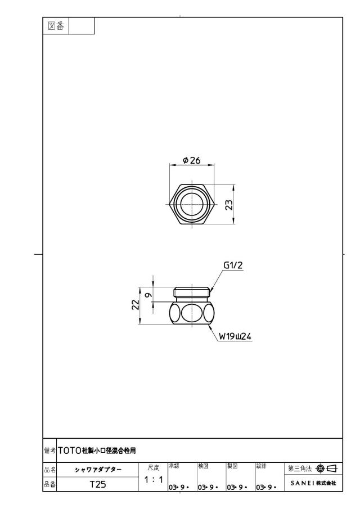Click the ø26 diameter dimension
tap(191, 160)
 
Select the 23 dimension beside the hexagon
tap(229, 205)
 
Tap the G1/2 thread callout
tap(233, 265)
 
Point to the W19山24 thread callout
tap(235, 336)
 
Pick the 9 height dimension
tap(148, 295)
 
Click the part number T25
tap(98, 484)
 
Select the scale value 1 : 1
tap(153, 479)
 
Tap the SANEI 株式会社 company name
tap(313, 483)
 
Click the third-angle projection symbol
tap(326, 469)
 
